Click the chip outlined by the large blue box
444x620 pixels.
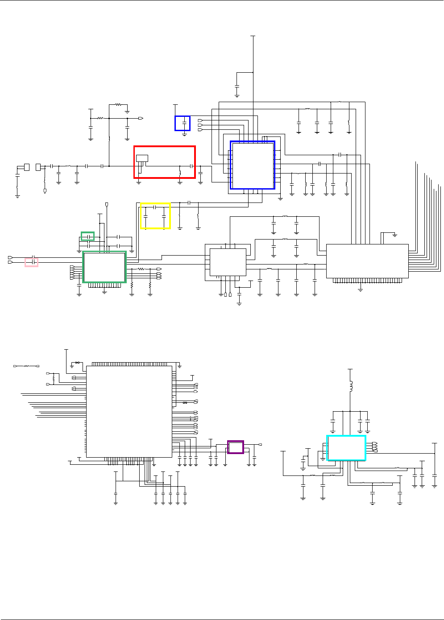(x=252, y=165)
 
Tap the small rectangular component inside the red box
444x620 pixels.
(x=142, y=158)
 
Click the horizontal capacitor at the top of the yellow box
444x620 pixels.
(x=154, y=207)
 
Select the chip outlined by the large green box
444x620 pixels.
(x=104, y=267)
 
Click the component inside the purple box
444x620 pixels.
(x=236, y=447)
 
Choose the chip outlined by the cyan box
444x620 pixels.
(x=346, y=448)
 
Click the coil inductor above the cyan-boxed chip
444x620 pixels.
(x=350, y=386)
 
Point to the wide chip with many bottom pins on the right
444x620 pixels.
(x=367, y=261)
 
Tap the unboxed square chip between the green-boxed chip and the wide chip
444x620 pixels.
(x=228, y=262)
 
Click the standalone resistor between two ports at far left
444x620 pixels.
(x=26, y=366)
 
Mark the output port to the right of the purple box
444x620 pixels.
(x=261, y=445)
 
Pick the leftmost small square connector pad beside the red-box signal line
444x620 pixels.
(x=26, y=167)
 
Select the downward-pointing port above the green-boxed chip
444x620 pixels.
(x=107, y=205)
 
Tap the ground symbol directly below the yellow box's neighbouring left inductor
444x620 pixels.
(x=180, y=228)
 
